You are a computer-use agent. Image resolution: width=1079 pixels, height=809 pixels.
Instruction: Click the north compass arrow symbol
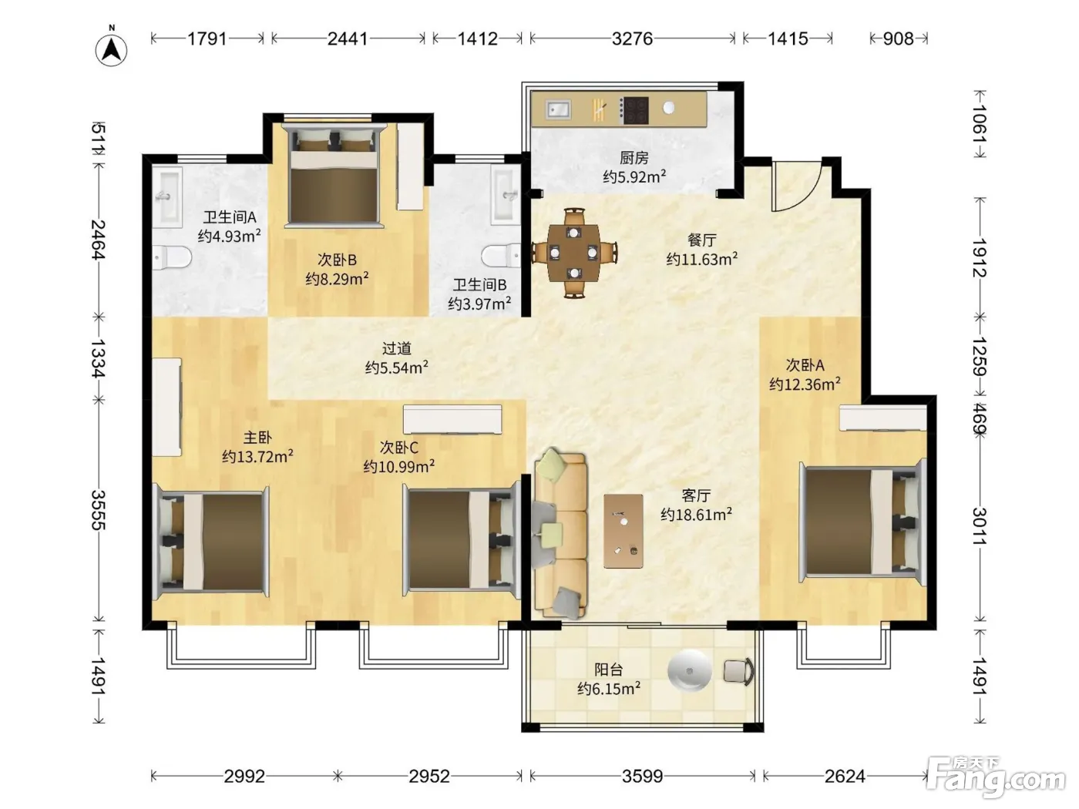112,50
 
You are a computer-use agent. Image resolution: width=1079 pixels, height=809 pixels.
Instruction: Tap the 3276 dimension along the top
632,39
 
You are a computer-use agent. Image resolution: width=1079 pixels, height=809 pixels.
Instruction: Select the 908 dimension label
898,39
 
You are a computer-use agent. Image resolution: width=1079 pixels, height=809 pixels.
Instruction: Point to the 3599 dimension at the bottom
643,776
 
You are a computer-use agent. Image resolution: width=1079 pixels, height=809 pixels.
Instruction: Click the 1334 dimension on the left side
99,358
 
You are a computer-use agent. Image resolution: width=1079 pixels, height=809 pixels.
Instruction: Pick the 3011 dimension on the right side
980,526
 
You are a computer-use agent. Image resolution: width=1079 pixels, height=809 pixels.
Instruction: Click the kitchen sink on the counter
558,109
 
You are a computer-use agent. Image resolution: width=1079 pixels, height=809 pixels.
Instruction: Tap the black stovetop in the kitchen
634,110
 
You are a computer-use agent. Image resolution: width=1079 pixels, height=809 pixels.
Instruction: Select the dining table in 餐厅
574,253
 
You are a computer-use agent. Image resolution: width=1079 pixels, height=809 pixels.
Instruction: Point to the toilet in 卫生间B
501,256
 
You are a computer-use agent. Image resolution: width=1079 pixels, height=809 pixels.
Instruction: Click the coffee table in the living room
624,531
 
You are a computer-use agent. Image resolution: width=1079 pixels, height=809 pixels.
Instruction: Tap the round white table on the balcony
690,670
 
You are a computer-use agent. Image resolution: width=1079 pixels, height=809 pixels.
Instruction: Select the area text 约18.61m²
696,514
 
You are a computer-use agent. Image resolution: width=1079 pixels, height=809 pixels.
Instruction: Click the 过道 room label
397,349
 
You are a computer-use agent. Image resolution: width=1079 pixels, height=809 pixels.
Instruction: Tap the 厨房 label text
634,158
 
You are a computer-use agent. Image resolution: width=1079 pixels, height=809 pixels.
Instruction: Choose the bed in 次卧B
334,176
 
